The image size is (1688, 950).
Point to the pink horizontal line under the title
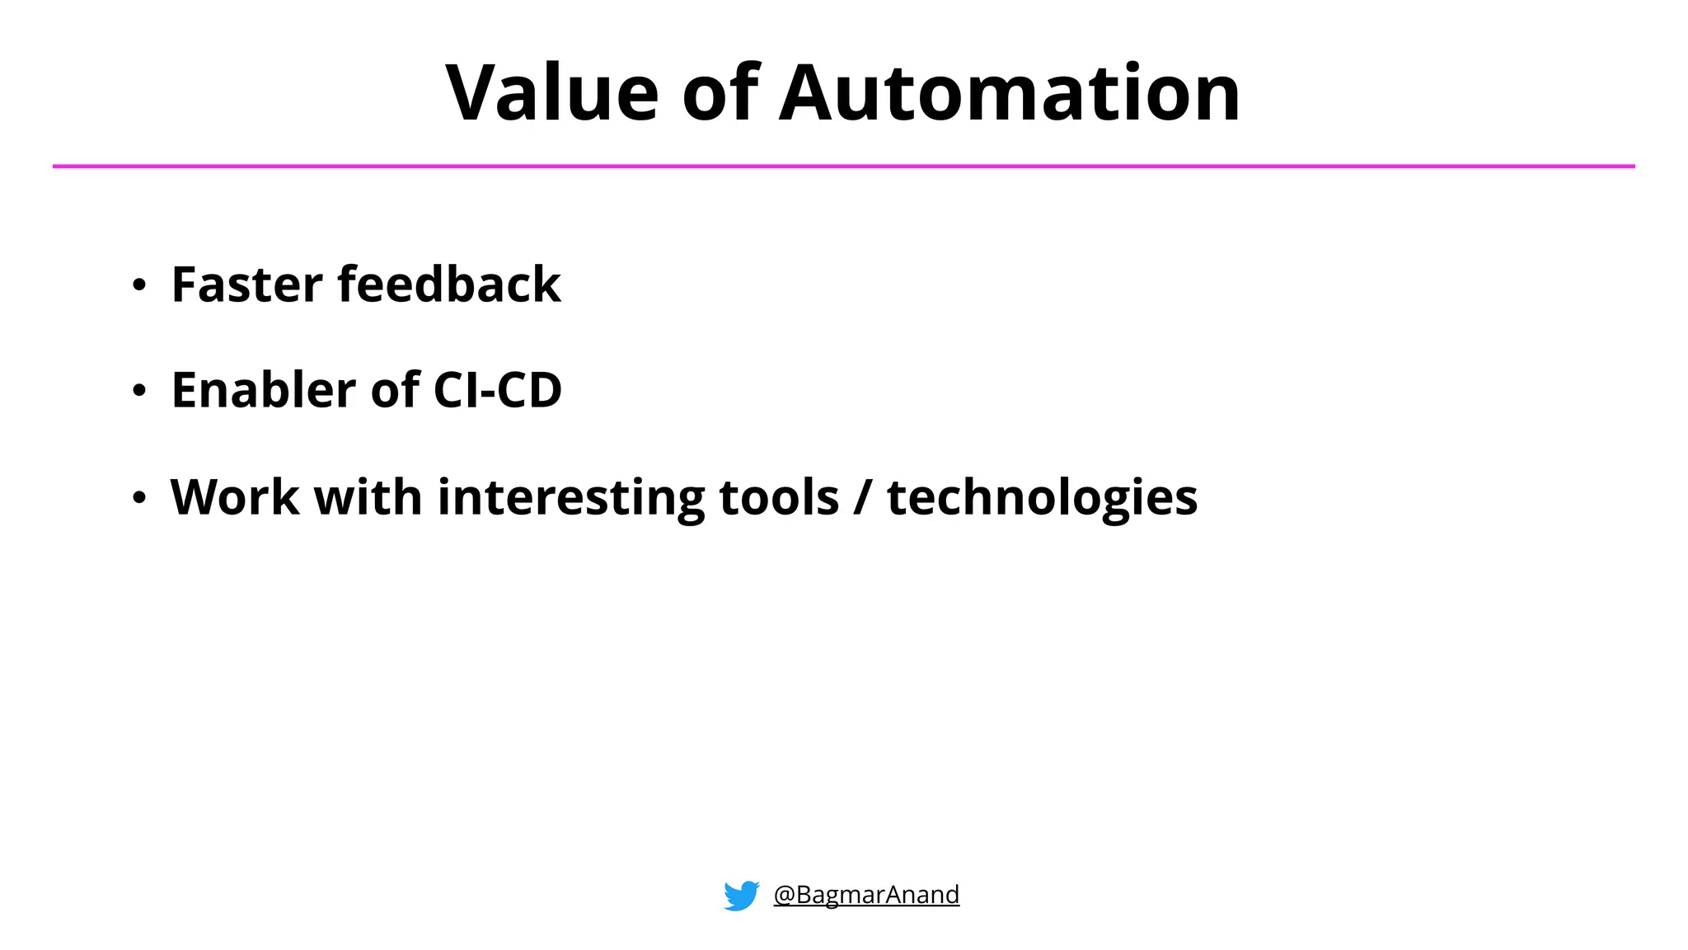pos(844,167)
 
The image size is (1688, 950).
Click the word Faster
pos(246,285)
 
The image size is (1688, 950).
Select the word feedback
pos(449,285)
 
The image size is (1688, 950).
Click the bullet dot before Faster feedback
pos(139,285)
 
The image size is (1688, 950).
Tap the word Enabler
pos(263,390)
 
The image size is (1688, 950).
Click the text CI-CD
pos(497,390)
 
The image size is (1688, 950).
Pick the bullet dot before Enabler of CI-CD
pos(139,391)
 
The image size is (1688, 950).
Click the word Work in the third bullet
pos(234,498)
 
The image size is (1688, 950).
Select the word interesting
pos(570,498)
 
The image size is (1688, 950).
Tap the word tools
pos(779,498)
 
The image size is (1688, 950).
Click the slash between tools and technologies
pos(862,498)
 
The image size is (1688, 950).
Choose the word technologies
pos(1042,498)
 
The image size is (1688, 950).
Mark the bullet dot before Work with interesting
pos(139,498)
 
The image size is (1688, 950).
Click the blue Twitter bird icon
pos(741,896)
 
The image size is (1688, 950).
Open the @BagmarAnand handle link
pos(866,895)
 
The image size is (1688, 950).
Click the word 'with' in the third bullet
pos(368,498)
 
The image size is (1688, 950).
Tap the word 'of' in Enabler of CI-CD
pos(395,390)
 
